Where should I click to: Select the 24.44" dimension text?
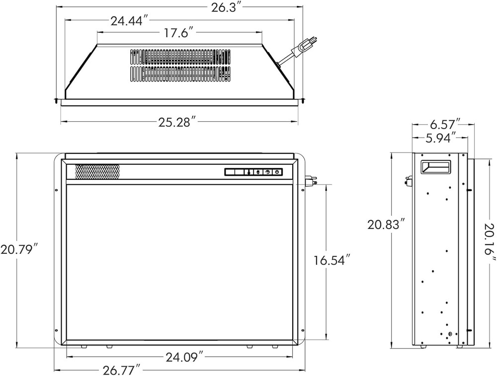130,21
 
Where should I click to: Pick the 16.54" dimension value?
332,260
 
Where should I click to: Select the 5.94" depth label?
441,138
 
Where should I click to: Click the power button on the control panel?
277,172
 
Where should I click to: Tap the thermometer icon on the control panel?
249,172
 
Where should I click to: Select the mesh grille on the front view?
97,171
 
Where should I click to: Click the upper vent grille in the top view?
180,57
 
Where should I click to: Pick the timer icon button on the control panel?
268,172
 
